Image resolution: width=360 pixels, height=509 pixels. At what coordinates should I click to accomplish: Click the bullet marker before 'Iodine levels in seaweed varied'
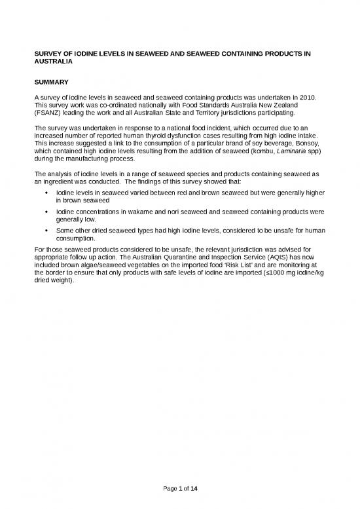click(x=43, y=194)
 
